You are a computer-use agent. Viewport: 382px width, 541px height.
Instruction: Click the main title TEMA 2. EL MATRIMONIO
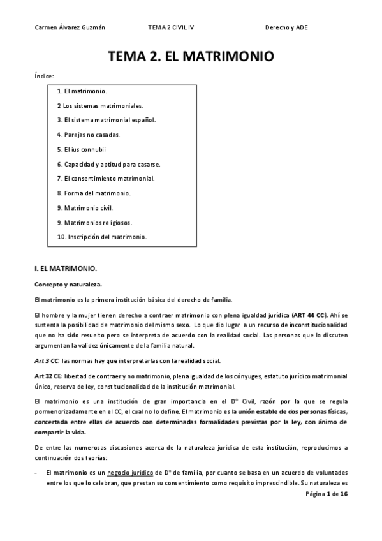pos(191,56)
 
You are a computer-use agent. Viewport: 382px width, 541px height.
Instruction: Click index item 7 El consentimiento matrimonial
pos(105,178)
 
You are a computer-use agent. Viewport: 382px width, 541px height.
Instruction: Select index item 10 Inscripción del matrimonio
pos(101,237)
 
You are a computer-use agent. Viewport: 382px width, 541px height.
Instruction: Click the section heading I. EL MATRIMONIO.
pos(64,269)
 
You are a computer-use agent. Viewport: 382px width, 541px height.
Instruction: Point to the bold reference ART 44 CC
pos(309,315)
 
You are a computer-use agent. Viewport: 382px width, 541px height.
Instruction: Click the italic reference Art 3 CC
pos(47,360)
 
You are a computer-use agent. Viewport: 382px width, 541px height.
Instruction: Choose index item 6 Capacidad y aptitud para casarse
pos(104,164)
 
